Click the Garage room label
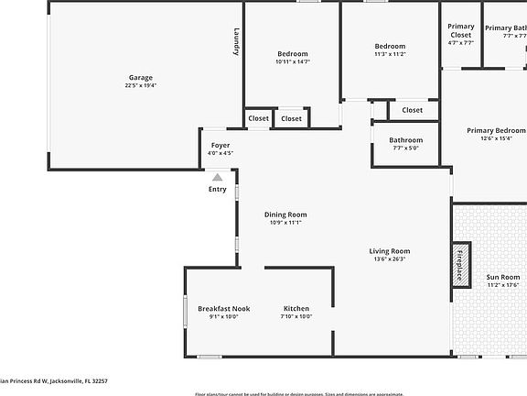pyautogui.click(x=140, y=77)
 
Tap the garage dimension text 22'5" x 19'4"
pyautogui.click(x=140, y=85)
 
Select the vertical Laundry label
pyautogui.click(x=236, y=41)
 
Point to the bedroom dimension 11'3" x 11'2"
pyautogui.click(x=390, y=54)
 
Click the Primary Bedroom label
pyautogui.click(x=496, y=130)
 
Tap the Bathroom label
pyautogui.click(x=406, y=140)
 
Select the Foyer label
pyautogui.click(x=220, y=146)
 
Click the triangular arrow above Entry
pyautogui.click(x=217, y=177)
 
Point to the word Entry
pyautogui.click(x=217, y=189)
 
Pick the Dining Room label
pyautogui.click(x=285, y=214)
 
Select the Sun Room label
pyautogui.click(x=502, y=277)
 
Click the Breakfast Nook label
pyautogui.click(x=223, y=308)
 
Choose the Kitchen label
pyautogui.click(x=296, y=308)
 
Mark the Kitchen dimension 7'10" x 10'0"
pyautogui.click(x=296, y=316)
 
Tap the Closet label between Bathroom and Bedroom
pyautogui.click(x=413, y=110)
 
